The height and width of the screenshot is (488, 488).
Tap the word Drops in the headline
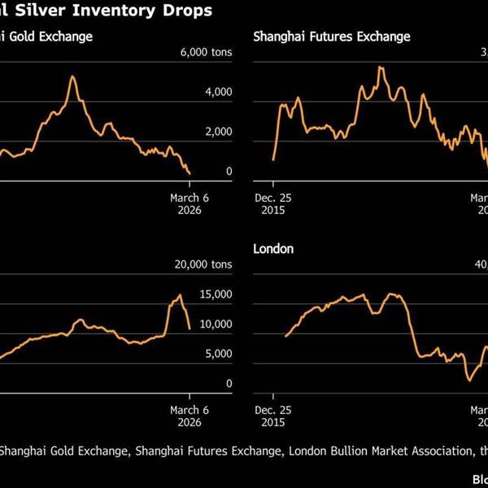click(x=188, y=11)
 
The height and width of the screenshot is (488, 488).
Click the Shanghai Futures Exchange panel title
click(x=332, y=37)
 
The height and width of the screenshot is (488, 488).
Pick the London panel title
click(x=273, y=249)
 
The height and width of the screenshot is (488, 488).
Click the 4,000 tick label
click(x=218, y=93)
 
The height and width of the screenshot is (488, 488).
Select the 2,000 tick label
click(x=218, y=132)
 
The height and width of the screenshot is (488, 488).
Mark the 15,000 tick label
click(x=216, y=294)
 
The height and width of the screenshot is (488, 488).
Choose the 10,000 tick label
click(x=216, y=324)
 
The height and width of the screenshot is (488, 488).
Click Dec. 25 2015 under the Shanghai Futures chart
click(x=272, y=203)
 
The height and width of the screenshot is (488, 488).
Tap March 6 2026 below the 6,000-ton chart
click(x=189, y=203)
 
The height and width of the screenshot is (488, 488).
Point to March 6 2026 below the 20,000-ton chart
click(x=189, y=415)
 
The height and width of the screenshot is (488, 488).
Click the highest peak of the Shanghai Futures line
click(x=379, y=68)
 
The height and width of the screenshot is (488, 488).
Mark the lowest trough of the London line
click(x=469, y=379)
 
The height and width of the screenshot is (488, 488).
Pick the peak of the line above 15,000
click(x=180, y=295)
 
